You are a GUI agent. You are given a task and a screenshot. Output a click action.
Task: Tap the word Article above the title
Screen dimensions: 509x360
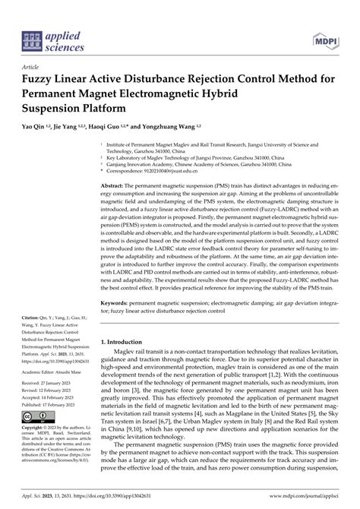coord(33,66)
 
